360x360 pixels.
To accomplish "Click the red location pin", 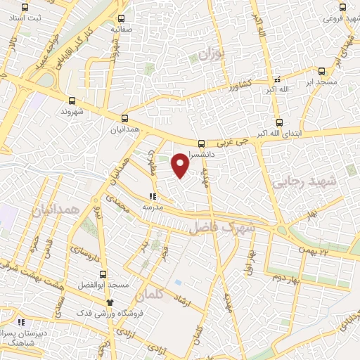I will click(181, 165).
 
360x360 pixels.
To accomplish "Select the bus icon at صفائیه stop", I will click(122, 20).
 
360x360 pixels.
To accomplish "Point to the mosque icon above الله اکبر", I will click(277, 79).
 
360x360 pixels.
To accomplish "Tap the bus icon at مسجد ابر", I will click(322, 71).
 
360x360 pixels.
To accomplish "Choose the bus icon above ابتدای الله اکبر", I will click(279, 122).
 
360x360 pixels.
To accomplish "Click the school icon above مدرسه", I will click(153, 197).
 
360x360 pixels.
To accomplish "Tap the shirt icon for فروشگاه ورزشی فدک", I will click(109, 302).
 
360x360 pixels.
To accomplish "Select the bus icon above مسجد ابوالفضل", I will click(103, 274).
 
